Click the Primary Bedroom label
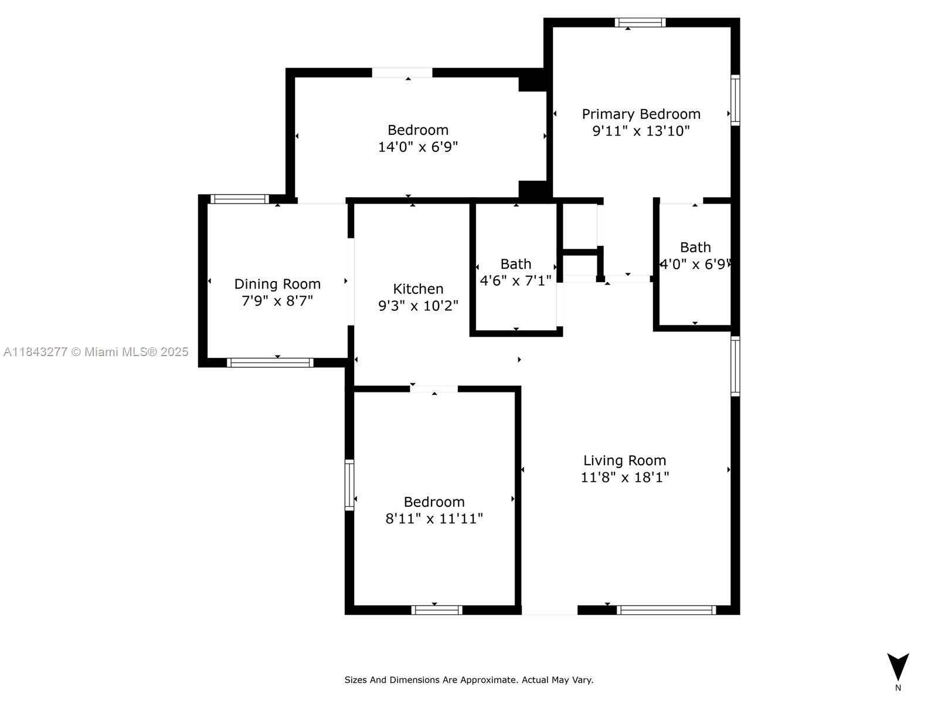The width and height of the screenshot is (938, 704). click(x=641, y=114)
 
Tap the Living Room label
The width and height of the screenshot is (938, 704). click(x=624, y=461)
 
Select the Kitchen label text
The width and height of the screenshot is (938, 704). click(x=418, y=289)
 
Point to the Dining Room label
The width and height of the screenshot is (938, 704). click(x=277, y=284)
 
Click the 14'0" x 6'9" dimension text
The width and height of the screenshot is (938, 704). click(x=417, y=147)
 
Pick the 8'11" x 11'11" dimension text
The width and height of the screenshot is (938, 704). click(x=434, y=519)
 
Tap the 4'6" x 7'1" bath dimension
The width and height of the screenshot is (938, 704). click(x=515, y=280)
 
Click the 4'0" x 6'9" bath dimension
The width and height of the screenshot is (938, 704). click(x=695, y=264)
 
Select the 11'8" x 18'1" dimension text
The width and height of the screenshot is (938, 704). click(x=624, y=477)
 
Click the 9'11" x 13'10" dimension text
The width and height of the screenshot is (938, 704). click(x=641, y=130)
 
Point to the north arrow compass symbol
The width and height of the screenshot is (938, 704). click(x=898, y=668)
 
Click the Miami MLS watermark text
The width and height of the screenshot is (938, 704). click(x=96, y=352)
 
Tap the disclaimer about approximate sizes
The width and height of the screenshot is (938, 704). click(x=468, y=680)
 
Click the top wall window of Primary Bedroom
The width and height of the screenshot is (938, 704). click(x=640, y=23)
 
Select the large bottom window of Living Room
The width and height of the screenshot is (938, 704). click(x=666, y=610)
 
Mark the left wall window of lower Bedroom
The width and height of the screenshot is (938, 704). click(x=349, y=485)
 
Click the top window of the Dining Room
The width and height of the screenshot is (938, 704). click(x=239, y=199)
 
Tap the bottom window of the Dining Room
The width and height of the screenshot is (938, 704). click(x=270, y=363)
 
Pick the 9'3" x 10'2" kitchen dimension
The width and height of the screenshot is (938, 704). click(x=418, y=305)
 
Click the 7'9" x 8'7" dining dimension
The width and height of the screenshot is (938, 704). click(x=277, y=301)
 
